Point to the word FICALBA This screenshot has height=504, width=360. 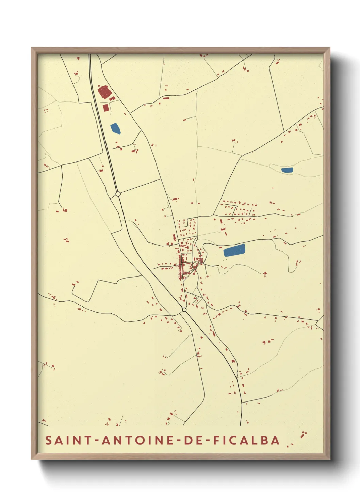[x=246, y=440]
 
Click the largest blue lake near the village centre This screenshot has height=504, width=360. [x=234, y=250]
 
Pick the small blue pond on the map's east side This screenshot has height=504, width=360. [x=287, y=170]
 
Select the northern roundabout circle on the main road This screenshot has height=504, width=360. [x=118, y=194]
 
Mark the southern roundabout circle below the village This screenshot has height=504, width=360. [x=184, y=310]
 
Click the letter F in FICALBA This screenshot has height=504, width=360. [x=216, y=440]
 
